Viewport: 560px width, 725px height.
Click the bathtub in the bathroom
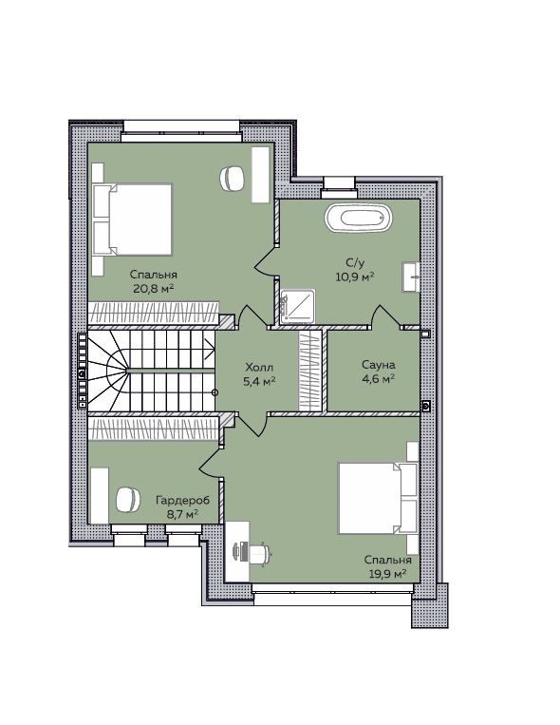point(358,218)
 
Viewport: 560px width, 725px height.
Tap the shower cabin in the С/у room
point(298,306)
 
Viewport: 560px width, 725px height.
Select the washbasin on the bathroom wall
point(411,277)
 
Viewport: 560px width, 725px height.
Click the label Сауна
point(379,365)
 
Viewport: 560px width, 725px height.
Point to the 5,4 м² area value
point(259,381)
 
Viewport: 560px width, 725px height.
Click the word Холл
point(259,368)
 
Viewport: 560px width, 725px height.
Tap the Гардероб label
point(182,500)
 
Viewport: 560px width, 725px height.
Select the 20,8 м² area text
point(154,289)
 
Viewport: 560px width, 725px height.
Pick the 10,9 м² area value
point(354,277)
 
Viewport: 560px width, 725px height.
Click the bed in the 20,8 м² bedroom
point(133,219)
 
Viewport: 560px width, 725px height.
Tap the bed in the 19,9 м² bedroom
point(378,498)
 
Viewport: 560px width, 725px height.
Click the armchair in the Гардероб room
point(127,500)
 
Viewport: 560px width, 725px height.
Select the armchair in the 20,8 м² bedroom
point(232,179)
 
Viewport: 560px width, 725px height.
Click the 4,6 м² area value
point(379,378)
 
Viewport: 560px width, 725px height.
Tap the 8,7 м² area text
point(183,514)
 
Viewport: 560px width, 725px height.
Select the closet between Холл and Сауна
point(309,371)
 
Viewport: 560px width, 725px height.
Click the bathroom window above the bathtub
point(340,183)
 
